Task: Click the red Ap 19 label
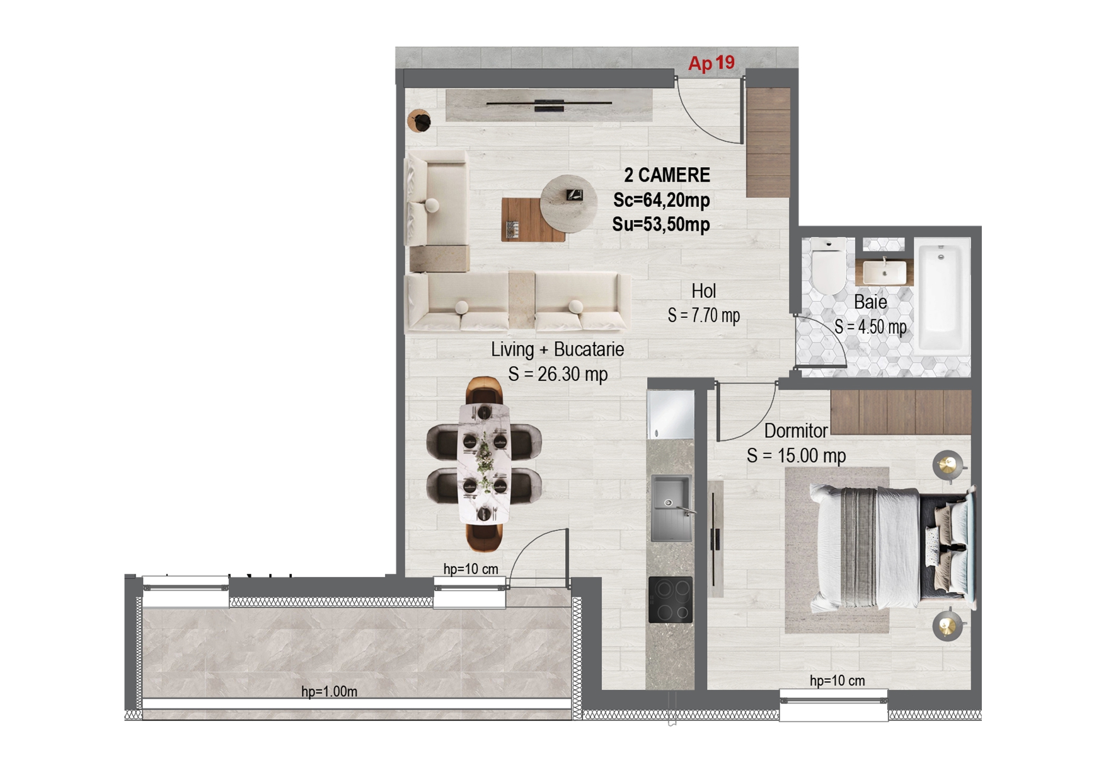[x=711, y=63]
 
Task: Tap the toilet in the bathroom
[x=828, y=267]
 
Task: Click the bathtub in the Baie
[x=942, y=296]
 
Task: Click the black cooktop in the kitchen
[x=671, y=599]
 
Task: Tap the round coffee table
[x=568, y=204]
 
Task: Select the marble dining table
[x=483, y=464]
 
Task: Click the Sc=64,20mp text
[x=661, y=201]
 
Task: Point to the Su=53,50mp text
[x=661, y=225]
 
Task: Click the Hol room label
[x=703, y=291]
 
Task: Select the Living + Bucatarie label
[x=557, y=349]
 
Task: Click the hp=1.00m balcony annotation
[x=329, y=692]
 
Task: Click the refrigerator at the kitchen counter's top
[x=671, y=414]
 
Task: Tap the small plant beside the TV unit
[x=419, y=120]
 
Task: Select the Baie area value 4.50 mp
[x=870, y=327]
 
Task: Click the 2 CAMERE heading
[x=667, y=175]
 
